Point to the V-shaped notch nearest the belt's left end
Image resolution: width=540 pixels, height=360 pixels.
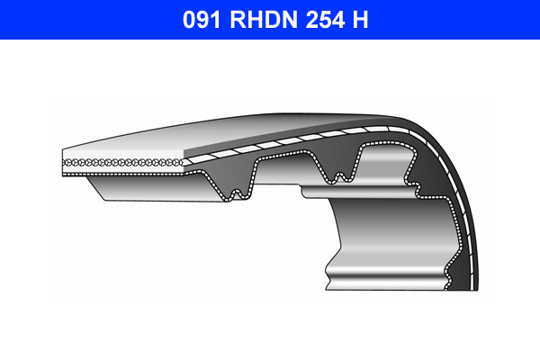(x=237, y=190)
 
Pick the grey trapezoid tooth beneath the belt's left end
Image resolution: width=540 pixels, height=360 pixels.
(x=144, y=189)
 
